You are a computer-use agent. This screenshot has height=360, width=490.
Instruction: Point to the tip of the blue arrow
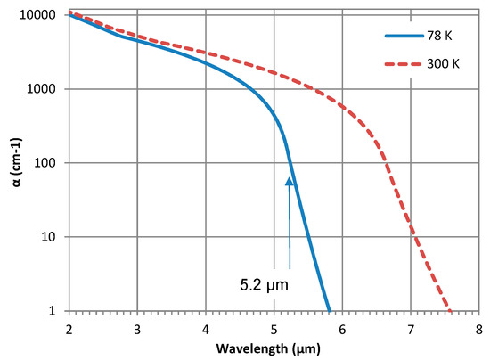click(x=290, y=176)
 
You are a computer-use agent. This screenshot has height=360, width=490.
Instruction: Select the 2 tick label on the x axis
click(x=69, y=327)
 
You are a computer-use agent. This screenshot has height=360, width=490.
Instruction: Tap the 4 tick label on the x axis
click(x=205, y=327)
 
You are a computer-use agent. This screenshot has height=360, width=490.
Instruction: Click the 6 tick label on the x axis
click(x=342, y=327)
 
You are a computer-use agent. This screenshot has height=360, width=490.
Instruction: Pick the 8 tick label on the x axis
click(x=478, y=327)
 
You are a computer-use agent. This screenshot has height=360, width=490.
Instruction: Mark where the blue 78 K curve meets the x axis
click(x=330, y=310)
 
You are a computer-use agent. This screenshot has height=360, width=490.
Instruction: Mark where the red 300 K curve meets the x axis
click(x=451, y=310)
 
